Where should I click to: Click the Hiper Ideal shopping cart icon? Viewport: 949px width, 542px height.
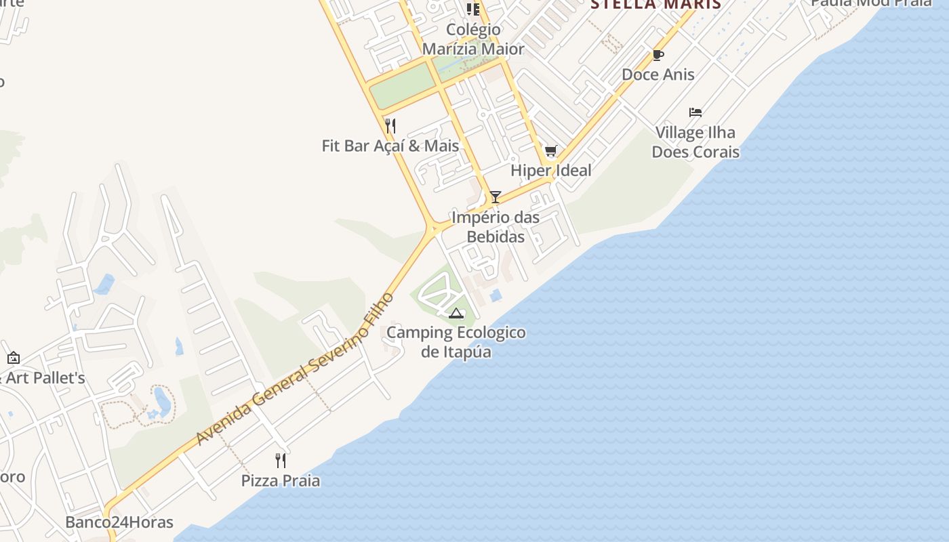550,151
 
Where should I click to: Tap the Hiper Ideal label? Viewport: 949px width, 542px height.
550,170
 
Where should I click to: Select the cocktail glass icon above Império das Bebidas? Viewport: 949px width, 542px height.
496,197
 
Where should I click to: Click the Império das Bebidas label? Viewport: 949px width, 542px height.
496,227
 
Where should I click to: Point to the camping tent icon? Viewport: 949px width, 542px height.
456,313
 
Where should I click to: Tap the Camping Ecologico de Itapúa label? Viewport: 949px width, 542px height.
456,342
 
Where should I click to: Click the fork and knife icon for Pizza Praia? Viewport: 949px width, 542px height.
281,461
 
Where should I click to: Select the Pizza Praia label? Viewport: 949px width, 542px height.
281,480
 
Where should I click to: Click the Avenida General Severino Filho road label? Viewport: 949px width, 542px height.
295,369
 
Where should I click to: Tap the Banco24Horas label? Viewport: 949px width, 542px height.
119,522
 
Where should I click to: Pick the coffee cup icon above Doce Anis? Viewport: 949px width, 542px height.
658,56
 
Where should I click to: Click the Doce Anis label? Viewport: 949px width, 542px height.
658,74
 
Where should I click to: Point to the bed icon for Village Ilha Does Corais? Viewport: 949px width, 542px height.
695,112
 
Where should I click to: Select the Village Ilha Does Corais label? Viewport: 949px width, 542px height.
695,142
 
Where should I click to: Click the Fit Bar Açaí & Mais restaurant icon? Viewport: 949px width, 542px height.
390,126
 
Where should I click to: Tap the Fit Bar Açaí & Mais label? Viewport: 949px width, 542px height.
390,146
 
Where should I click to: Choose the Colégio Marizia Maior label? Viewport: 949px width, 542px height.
473,39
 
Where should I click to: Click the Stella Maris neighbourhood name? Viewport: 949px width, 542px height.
655,5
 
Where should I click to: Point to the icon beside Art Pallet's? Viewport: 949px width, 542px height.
13,358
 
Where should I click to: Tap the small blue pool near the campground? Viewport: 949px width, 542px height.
496,295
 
